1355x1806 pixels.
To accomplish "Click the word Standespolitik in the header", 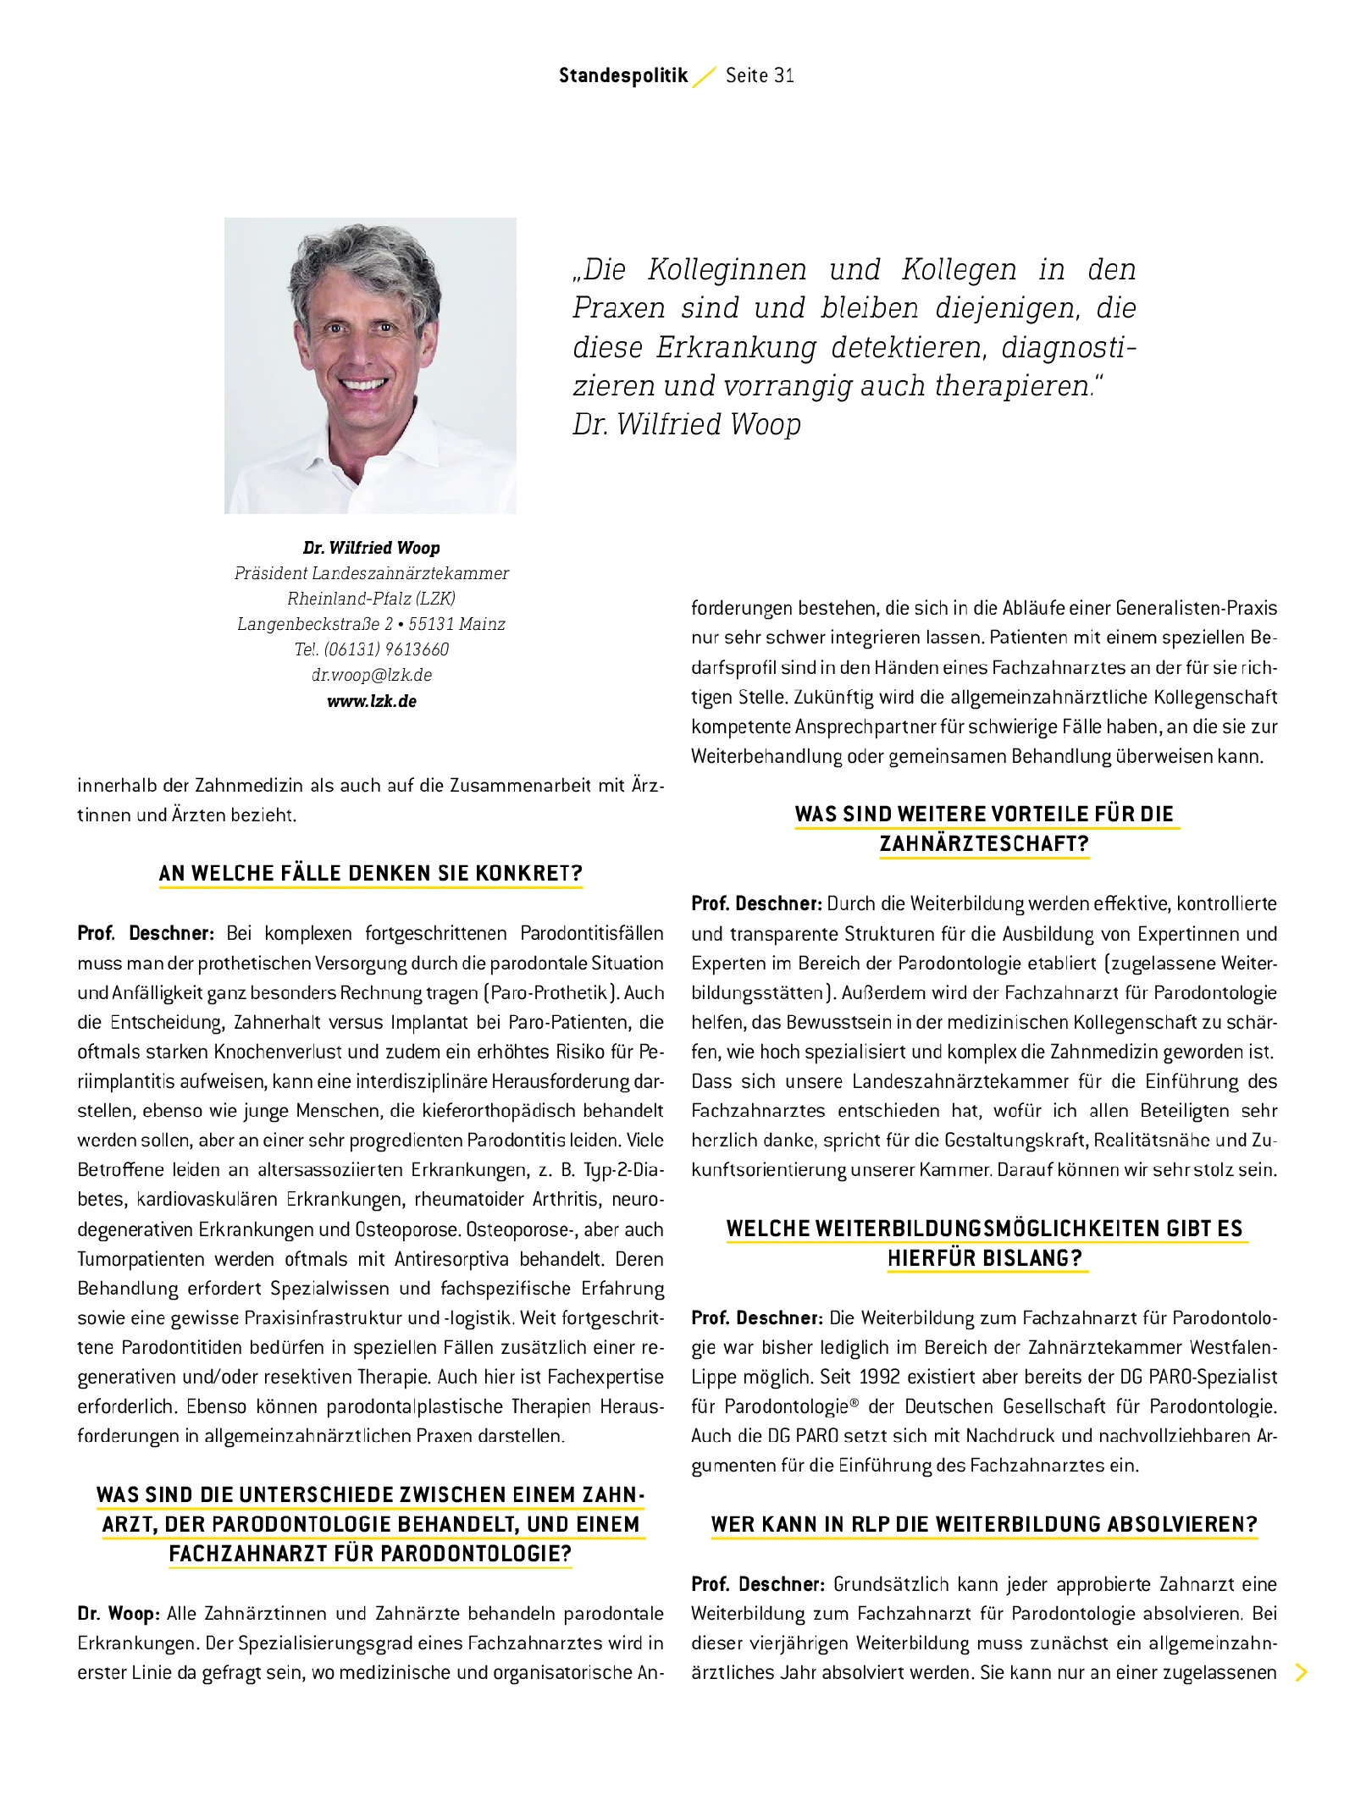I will tap(623, 75).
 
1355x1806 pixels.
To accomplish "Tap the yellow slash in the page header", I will tap(705, 77).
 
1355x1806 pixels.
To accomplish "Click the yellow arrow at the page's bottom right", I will tap(1302, 1672).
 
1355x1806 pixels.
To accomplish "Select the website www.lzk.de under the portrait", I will tap(372, 701).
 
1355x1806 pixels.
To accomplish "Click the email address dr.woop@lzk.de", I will tap(372, 675).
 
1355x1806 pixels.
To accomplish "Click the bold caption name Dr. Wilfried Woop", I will tap(372, 548).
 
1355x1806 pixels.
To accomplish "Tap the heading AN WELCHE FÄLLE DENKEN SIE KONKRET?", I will tap(371, 873).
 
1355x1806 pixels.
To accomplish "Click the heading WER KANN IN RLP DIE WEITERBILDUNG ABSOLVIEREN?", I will tap(984, 1524).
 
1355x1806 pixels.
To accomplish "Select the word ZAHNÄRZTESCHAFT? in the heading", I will tap(984, 843).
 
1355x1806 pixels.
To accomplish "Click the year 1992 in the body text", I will tap(879, 1377).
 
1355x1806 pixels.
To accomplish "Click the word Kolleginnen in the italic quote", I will tap(727, 269).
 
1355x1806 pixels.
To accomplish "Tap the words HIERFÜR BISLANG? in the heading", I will tap(984, 1258).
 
